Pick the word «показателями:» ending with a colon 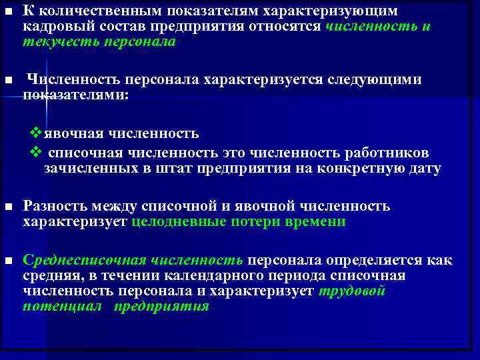click(75, 95)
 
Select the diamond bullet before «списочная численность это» click(37, 152)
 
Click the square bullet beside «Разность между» click(8, 207)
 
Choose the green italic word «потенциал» click(62, 307)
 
